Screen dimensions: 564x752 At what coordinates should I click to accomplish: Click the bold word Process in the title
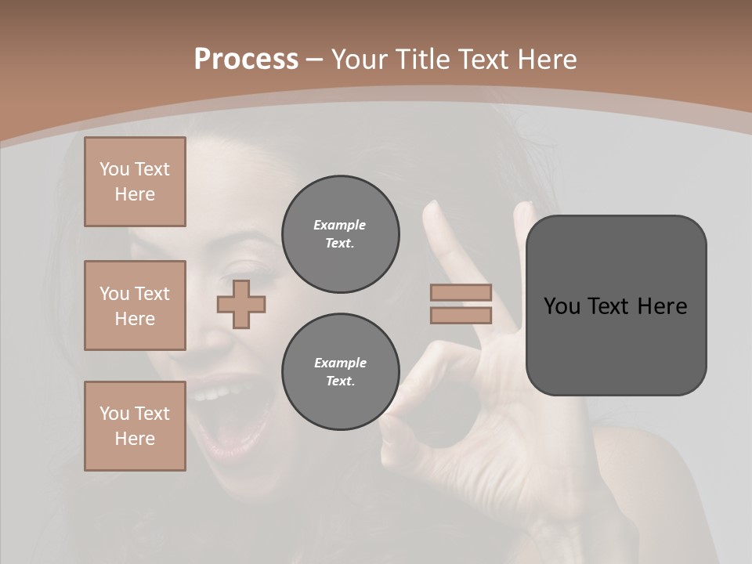click(x=246, y=60)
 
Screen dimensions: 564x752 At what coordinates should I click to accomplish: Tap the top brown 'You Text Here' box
click(x=135, y=182)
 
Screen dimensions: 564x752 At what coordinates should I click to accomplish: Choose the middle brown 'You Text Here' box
click(x=135, y=305)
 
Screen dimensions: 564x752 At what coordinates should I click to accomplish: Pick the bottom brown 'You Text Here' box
click(x=135, y=426)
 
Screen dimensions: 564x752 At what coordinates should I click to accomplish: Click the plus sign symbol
click(x=241, y=304)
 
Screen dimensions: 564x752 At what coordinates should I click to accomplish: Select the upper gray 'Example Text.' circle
click(x=340, y=234)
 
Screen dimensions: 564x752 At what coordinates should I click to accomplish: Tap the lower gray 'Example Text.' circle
click(x=340, y=372)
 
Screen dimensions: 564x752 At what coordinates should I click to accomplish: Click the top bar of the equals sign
click(x=461, y=293)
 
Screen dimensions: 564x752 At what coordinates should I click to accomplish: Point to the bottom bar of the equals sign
click(x=461, y=316)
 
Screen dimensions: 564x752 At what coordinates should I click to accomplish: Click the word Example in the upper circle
click(x=340, y=225)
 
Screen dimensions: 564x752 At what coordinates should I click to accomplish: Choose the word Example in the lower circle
click(x=340, y=363)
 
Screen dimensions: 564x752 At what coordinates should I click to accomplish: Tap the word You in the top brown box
click(x=114, y=169)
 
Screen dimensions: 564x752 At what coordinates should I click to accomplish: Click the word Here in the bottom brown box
click(x=135, y=439)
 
